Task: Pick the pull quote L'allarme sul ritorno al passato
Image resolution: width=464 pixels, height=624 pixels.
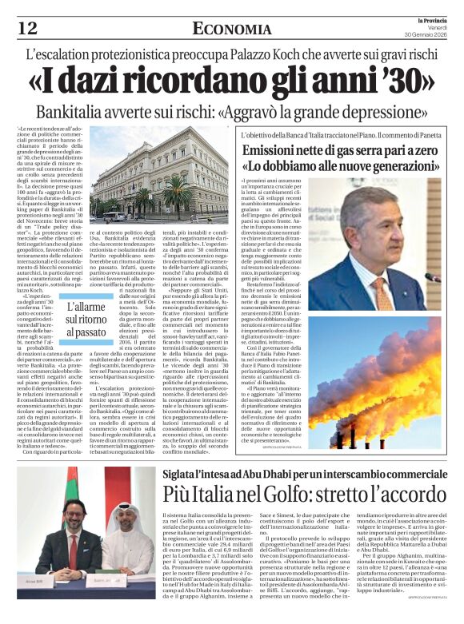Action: pyautogui.click(x=85, y=318)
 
